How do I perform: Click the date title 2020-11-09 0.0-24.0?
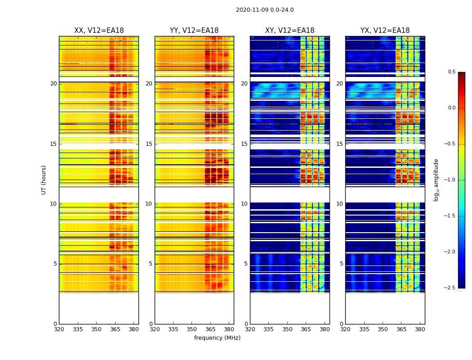pos(265,10)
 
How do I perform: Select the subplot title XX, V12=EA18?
pos(99,31)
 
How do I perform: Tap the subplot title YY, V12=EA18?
pos(194,31)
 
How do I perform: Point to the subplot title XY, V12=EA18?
pos(289,31)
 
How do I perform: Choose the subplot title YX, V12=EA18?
pos(385,31)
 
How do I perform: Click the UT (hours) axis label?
pos(44,180)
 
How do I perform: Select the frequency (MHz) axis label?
pos(217,338)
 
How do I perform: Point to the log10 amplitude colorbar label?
pos(436,180)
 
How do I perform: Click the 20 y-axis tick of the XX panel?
pos(53,84)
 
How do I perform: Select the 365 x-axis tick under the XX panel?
pos(115,329)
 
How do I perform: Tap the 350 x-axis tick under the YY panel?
pos(192,329)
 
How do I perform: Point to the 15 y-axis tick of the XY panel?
pos(244,144)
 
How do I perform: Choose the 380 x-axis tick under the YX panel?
pos(420,329)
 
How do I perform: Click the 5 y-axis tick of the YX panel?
pos(341,264)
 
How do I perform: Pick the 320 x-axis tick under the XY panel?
pos(250,329)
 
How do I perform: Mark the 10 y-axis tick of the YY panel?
pos(149,204)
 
